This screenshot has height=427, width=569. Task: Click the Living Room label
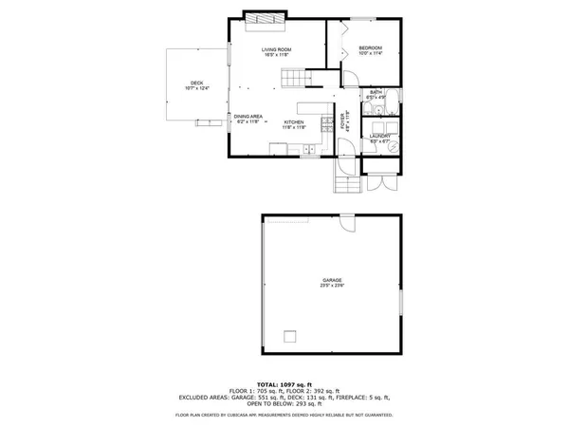276,49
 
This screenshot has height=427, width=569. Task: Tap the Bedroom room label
370,48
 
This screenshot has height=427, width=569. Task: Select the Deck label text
196,83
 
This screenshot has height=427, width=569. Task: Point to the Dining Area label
248,116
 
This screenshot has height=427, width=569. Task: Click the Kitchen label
294,122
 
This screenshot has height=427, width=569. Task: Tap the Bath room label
376,92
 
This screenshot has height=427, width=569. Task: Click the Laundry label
379,136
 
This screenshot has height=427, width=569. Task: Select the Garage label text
332,280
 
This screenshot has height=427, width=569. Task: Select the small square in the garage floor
291,335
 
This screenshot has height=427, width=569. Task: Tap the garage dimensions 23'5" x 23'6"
332,286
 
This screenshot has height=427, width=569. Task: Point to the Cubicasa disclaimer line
284,415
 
